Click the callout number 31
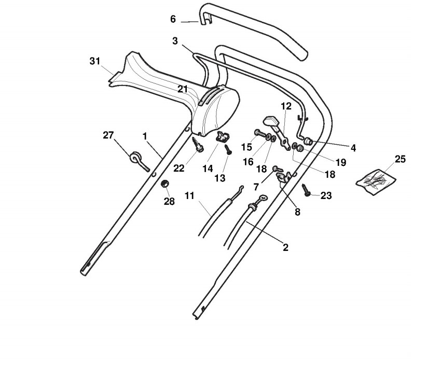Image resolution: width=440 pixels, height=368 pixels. pyautogui.click(x=94, y=61)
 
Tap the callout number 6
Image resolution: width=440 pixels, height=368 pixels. pyautogui.click(x=173, y=19)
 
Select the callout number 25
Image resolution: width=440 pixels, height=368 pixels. pyautogui.click(x=400, y=159)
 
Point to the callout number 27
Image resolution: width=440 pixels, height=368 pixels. pyautogui.click(x=108, y=135)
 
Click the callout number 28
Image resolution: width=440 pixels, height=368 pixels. pyautogui.click(x=169, y=201)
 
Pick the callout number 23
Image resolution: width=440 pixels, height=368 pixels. pyautogui.click(x=326, y=195)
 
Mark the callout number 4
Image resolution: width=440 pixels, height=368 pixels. pyautogui.click(x=353, y=148)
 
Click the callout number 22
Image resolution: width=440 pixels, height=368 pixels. pyautogui.click(x=179, y=168)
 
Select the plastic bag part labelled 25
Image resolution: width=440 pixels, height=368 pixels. pyautogui.click(x=376, y=178)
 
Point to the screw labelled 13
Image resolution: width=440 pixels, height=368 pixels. pyautogui.click(x=227, y=150)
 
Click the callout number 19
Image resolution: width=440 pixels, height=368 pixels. pyautogui.click(x=340, y=162)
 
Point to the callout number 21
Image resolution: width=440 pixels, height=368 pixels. pyautogui.click(x=183, y=89)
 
